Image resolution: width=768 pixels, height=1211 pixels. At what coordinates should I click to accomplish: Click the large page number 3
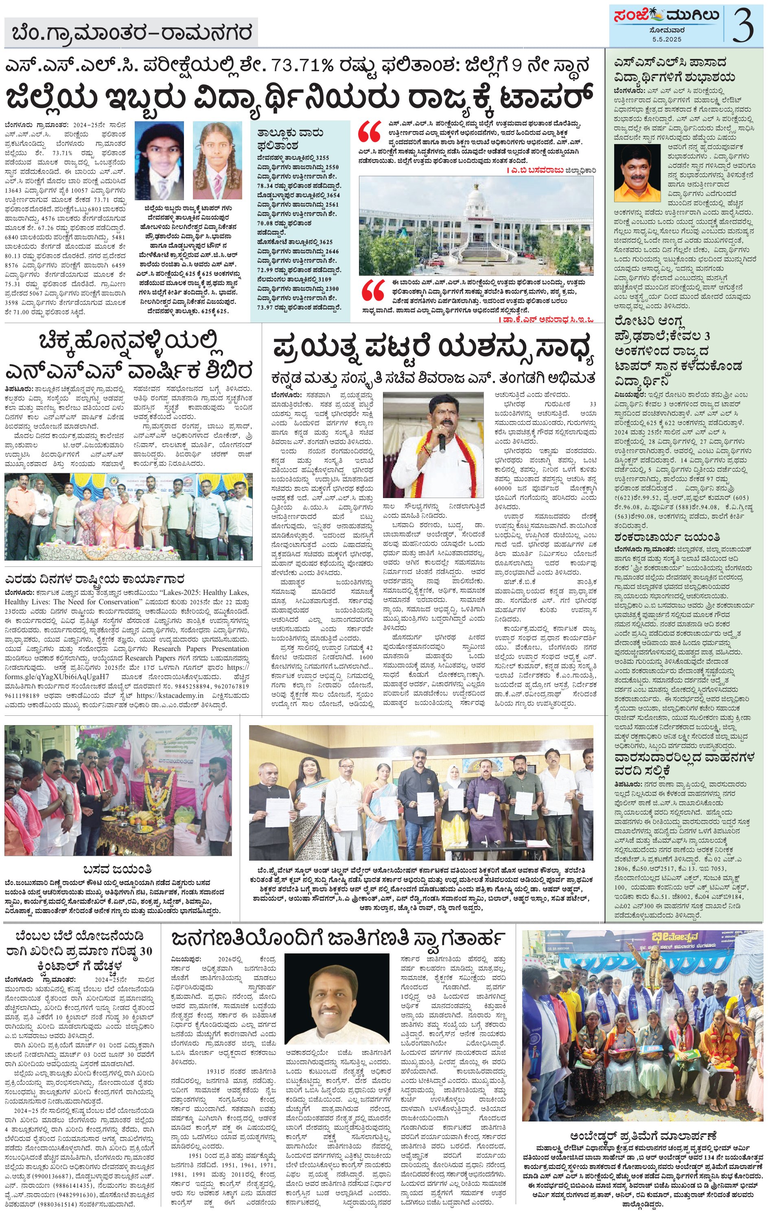(743, 25)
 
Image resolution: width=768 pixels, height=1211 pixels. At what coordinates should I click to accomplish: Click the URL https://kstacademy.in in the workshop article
(170, 695)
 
